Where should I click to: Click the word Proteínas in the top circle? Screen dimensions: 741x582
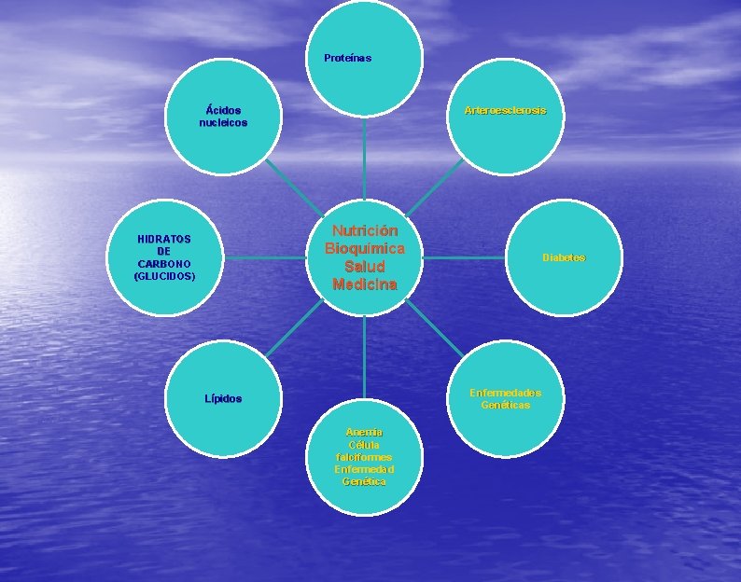pos(347,59)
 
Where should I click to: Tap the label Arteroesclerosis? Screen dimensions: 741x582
pos(505,111)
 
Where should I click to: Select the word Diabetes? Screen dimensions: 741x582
pos(564,257)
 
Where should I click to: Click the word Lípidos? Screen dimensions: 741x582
pos(223,399)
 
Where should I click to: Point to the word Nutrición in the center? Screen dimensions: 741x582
pos(365,230)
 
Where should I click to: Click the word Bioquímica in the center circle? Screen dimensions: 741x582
pos(365,249)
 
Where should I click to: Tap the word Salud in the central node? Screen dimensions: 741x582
pos(365,267)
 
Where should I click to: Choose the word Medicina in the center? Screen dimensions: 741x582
pos(365,284)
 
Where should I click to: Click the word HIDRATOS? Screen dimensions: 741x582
pos(164,240)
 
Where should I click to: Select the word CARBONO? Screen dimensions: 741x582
pos(164,264)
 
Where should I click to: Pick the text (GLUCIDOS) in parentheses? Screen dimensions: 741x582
pos(164,276)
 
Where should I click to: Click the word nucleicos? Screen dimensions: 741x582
pos(223,123)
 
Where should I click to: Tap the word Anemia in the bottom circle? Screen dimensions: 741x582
pos(364,433)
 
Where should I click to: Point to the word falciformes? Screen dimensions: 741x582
pos(364,457)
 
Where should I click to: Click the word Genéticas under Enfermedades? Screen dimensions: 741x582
pos(505,405)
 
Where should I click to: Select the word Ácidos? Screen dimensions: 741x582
pos(223,111)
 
